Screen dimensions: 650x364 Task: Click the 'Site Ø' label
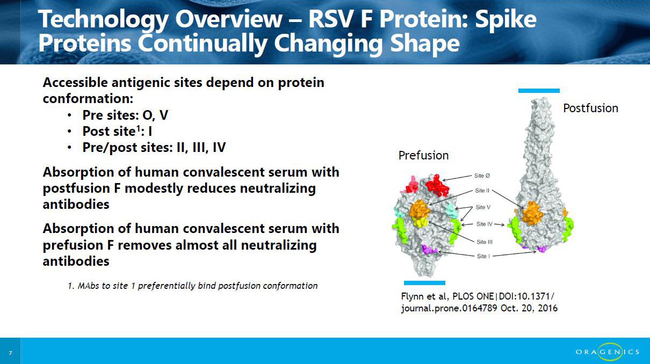point(482,176)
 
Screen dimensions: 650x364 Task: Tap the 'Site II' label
point(482,191)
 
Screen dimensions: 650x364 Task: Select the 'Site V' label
point(483,207)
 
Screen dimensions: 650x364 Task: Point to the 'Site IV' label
point(485,224)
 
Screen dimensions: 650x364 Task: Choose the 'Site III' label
point(485,242)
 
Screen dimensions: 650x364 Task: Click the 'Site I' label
point(483,256)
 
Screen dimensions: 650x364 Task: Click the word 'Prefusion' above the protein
point(423,156)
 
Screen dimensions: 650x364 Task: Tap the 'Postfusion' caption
point(590,108)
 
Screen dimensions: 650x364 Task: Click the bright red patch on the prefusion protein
point(438,185)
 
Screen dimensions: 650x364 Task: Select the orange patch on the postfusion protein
point(532,213)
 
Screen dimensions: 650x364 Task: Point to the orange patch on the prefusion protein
point(420,209)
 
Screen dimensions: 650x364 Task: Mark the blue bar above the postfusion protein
point(539,91)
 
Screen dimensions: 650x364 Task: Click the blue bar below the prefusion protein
point(424,283)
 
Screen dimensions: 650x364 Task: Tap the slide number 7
point(10,353)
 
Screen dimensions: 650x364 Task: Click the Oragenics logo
point(608,352)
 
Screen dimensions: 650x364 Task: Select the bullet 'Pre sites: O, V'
point(125,115)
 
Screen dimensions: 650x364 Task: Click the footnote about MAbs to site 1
point(193,286)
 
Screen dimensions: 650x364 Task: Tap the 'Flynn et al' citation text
point(479,302)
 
